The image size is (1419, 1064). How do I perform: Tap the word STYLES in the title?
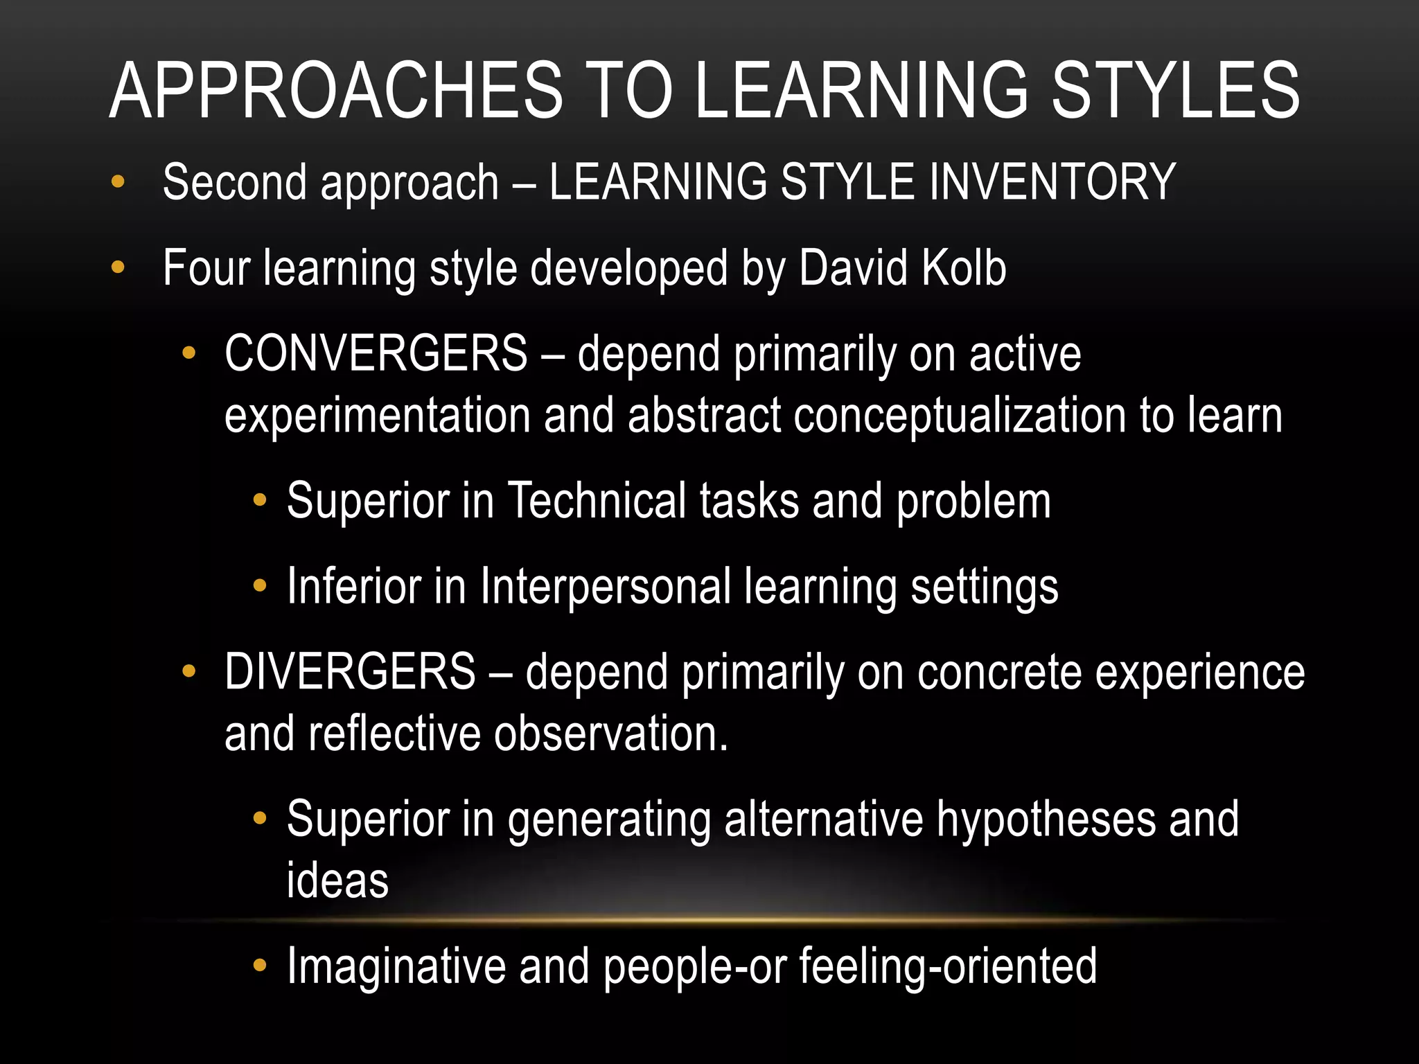click(x=1176, y=91)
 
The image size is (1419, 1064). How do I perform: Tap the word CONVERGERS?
click(x=376, y=353)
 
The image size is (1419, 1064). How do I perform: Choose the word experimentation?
click(x=377, y=416)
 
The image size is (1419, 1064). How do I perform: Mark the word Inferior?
click(x=353, y=586)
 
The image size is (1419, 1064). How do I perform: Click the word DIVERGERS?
click(x=350, y=671)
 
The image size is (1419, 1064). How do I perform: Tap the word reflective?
click(x=394, y=734)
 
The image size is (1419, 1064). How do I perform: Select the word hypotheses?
click(x=1046, y=819)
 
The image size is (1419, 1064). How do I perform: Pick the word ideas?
click(x=337, y=881)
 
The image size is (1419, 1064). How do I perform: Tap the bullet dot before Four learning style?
click(x=118, y=267)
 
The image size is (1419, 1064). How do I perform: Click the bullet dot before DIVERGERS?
click(x=188, y=671)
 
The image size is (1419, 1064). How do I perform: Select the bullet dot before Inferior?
click(x=260, y=585)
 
